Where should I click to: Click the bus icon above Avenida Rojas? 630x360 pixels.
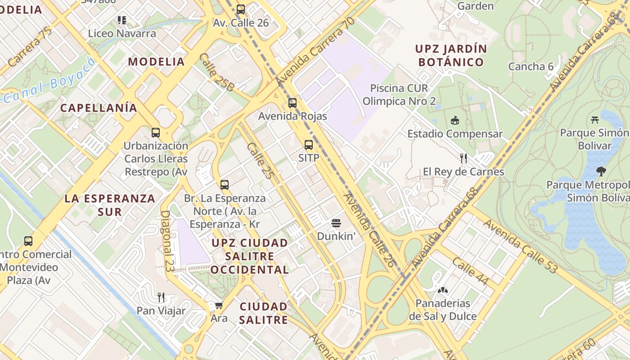(x=292, y=103)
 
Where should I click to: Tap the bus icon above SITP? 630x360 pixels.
(x=308, y=145)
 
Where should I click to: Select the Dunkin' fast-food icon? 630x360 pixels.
(x=336, y=223)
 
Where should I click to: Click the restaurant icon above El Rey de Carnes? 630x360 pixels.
(x=463, y=158)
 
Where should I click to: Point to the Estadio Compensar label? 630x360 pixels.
(x=455, y=134)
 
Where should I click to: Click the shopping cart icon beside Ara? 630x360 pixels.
(x=219, y=306)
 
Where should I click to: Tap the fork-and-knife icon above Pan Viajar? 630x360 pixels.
(x=161, y=297)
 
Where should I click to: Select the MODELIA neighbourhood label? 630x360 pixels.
(x=157, y=62)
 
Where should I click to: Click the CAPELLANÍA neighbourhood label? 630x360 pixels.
(x=99, y=108)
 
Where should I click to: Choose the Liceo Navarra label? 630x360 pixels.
(x=122, y=33)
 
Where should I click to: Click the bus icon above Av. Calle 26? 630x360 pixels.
(x=241, y=9)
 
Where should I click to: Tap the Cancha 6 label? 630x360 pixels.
(x=531, y=67)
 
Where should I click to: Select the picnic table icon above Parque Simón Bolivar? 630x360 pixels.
(x=595, y=120)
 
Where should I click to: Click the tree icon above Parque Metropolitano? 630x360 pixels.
(x=601, y=171)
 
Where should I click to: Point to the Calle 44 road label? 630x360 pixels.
(x=470, y=271)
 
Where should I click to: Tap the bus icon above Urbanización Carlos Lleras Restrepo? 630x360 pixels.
(x=156, y=133)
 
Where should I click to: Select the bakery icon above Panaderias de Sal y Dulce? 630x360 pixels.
(x=443, y=290)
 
